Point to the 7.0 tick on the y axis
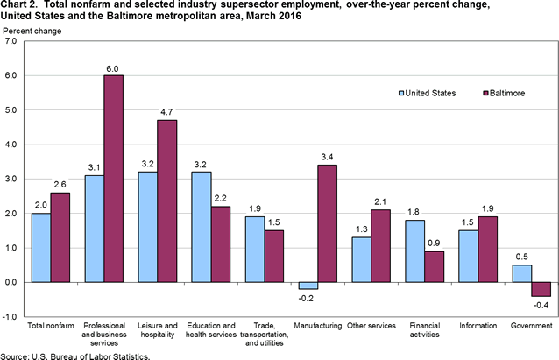click(x=14, y=41)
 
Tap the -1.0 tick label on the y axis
click(x=12, y=317)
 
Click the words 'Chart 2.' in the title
click(x=21, y=7)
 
